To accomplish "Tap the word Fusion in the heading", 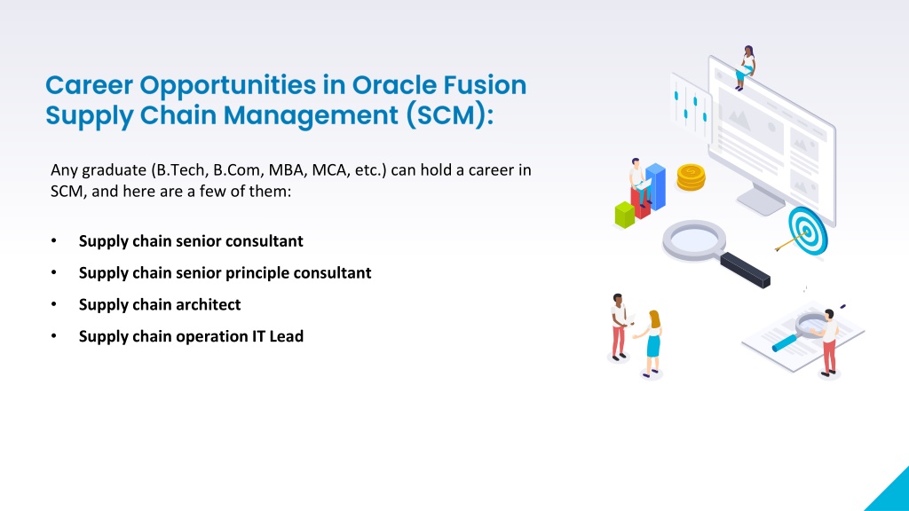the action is (485, 84).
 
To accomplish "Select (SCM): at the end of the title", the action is (449, 114).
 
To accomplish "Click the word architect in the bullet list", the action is (206, 305).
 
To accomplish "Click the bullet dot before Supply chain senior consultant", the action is (54, 241).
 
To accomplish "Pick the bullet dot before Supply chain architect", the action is (54, 305).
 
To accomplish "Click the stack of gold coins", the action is (691, 177).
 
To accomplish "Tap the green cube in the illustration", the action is (624, 215).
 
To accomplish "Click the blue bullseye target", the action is (808, 232).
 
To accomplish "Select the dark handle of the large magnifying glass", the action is (745, 270).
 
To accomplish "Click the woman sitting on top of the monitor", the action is (746, 67).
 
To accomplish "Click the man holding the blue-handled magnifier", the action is (829, 342).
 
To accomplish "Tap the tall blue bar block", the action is (656, 186).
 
